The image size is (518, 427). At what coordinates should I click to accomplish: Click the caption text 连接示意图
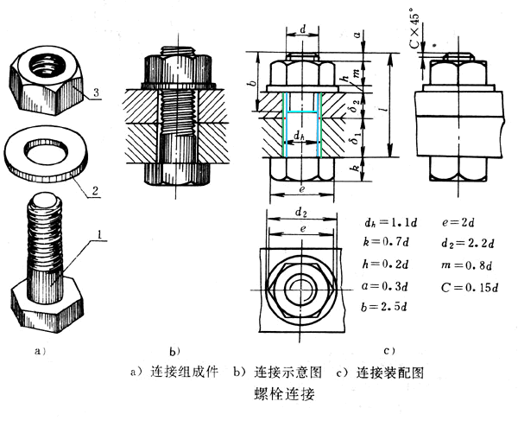[288, 373]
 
